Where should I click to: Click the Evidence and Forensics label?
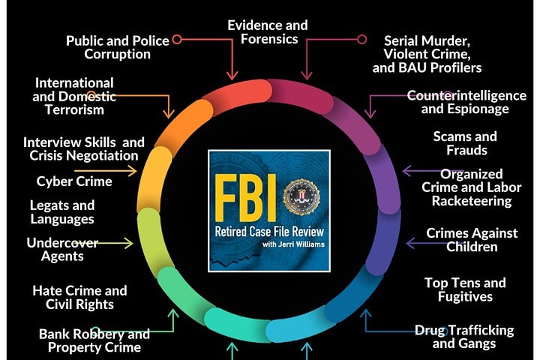coord(268,31)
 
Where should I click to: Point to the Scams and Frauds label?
coord(465,142)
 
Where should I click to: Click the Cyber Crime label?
coord(74,181)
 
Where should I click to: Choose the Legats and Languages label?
coord(62,212)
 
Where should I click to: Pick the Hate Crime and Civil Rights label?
coord(79,297)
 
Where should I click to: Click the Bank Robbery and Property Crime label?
coord(94,340)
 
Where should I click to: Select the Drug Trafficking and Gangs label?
coord(464,337)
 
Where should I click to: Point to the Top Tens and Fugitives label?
coord(465,289)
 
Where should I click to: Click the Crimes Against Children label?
coord(472,240)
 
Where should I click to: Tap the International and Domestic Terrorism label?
coord(73,96)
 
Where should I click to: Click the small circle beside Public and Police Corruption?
coord(177,39)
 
